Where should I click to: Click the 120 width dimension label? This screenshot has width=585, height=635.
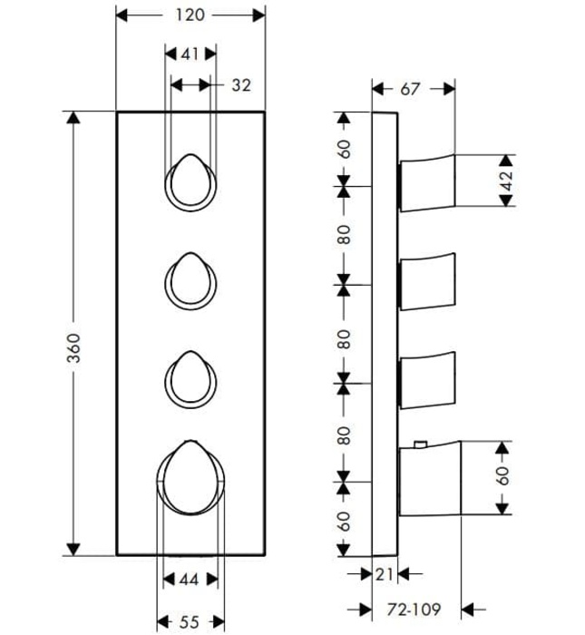(x=190, y=15)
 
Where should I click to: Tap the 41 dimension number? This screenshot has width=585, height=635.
(x=190, y=54)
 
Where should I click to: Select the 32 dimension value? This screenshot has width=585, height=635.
(x=241, y=85)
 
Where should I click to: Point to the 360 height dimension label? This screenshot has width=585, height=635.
(x=73, y=347)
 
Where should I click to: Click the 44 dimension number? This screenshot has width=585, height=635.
(x=189, y=580)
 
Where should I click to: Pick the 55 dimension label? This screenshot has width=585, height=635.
(x=189, y=621)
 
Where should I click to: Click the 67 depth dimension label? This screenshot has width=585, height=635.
(x=410, y=89)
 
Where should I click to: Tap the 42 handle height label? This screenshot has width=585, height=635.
(x=506, y=181)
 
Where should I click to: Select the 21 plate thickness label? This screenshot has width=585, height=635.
(x=385, y=574)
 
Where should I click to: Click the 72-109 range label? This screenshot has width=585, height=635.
(x=414, y=609)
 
